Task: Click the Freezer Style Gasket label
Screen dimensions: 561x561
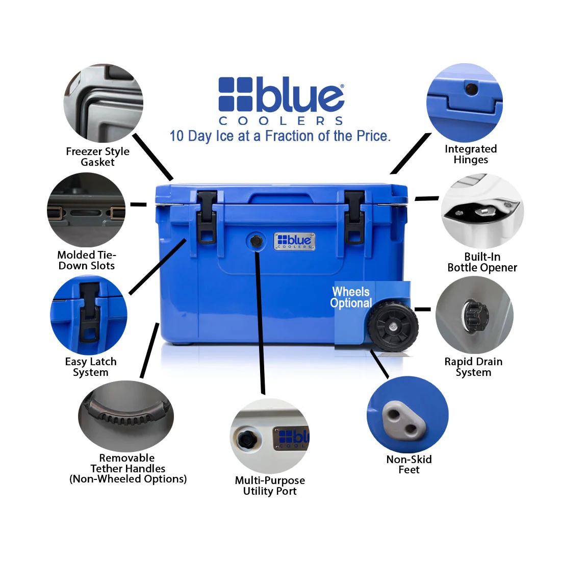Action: [x=97, y=157]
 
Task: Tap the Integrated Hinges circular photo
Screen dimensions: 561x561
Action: [x=465, y=103]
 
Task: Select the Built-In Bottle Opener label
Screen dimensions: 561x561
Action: [x=482, y=262]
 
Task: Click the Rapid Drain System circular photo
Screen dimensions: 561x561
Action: [x=474, y=315]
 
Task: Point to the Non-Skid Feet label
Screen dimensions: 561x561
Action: [x=409, y=464]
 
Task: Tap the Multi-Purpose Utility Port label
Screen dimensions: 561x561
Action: [x=270, y=486]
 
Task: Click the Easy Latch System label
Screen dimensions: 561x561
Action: [x=91, y=367]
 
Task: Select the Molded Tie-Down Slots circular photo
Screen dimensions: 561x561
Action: [x=86, y=211]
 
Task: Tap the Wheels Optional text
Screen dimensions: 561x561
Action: [x=351, y=297]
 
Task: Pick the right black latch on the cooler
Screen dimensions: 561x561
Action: [x=354, y=216]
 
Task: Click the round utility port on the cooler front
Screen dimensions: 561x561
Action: [x=256, y=241]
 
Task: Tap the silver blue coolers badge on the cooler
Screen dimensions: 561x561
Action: [x=295, y=241]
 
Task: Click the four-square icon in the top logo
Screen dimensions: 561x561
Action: [x=236, y=94]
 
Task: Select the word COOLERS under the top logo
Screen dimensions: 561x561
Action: [x=281, y=121]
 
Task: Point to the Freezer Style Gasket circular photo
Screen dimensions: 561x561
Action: [x=104, y=103]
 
